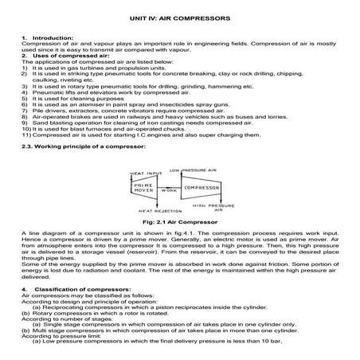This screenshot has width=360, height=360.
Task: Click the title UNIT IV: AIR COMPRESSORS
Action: pos(179,17)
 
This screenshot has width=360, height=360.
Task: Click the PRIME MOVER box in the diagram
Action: pos(143,189)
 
